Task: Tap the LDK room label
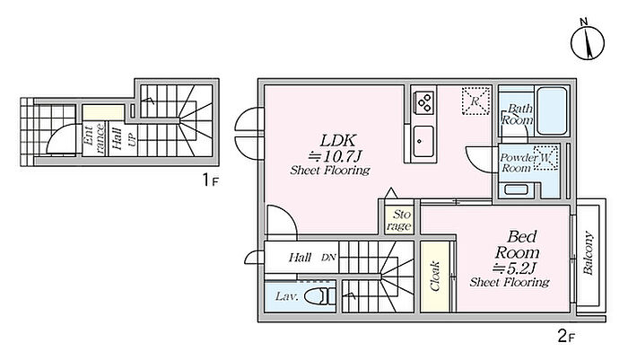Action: (x=337, y=141)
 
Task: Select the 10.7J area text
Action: (x=335, y=155)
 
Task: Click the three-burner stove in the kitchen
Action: (x=423, y=102)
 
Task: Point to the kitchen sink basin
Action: (x=423, y=142)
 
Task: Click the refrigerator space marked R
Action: (x=475, y=101)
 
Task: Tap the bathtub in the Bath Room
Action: (x=552, y=110)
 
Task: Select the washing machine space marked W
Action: (x=545, y=158)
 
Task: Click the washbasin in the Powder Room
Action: (x=515, y=189)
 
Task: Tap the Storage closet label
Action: (x=399, y=220)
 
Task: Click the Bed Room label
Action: (x=517, y=244)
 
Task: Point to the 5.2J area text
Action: (x=515, y=267)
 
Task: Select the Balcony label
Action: (x=588, y=252)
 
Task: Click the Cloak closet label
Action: (x=434, y=276)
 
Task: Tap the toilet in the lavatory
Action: (x=319, y=297)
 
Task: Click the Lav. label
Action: (x=287, y=296)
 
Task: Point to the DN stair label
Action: (x=328, y=258)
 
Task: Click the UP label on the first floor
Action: (x=132, y=138)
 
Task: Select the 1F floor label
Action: (x=210, y=180)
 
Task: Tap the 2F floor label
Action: (x=566, y=336)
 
